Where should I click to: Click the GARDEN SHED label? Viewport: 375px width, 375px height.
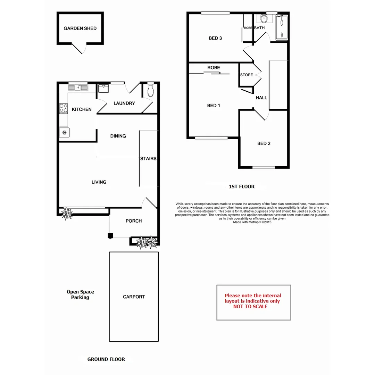pos(80,28)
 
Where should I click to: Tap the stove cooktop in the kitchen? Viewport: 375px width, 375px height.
pos(64,108)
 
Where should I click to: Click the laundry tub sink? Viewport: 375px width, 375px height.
pos(103,89)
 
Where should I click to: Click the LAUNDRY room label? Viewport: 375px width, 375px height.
pos(124,103)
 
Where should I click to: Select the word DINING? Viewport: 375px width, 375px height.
pos(118,136)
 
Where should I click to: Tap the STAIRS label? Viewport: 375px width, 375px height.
pos(148,159)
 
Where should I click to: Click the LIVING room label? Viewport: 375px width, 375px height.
pos(99,182)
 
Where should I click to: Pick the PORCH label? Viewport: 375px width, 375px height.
pos(134,221)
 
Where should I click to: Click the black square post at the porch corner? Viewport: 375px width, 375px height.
pos(110,236)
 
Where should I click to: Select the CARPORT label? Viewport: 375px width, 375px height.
pos(134,297)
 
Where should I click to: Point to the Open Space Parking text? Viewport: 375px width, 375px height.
pos(80,295)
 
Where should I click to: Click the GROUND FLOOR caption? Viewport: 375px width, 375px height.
pos(106,359)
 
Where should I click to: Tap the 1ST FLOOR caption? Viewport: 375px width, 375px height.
pos(242,186)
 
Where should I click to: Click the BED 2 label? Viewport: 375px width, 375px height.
pos(264,143)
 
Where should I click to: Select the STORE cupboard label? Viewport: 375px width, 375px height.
pos(247,75)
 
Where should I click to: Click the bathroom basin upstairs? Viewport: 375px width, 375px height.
pos(264,18)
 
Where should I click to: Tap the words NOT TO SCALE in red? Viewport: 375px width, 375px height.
pos(250,307)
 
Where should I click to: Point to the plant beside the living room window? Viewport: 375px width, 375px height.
pos(66,214)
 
